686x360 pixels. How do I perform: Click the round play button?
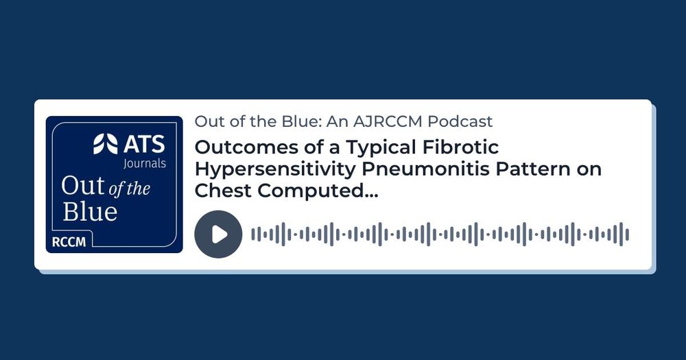tap(218, 234)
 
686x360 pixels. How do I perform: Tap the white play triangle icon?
tap(220, 235)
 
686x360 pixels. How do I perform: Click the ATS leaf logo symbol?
tap(106, 144)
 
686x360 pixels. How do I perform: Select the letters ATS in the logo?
tap(144, 145)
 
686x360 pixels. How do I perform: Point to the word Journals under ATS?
tap(144, 164)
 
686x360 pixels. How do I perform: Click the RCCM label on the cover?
tap(69, 242)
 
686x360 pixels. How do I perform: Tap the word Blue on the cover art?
tap(90, 212)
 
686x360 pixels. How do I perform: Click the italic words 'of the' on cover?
tap(129, 189)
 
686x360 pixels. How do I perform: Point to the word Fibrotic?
tap(461, 147)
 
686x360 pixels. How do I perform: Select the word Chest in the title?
tap(223, 191)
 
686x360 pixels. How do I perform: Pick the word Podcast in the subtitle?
tap(460, 121)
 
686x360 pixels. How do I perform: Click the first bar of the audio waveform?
tap(253, 235)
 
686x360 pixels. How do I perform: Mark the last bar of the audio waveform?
tap(627, 235)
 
